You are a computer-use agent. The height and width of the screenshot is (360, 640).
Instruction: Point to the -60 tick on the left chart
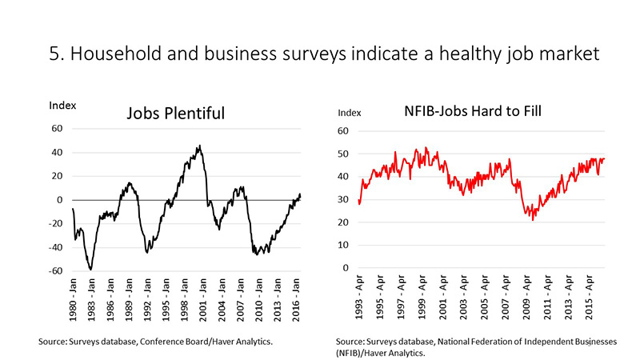(x=56, y=271)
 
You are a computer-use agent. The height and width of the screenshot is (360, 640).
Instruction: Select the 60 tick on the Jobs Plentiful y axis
(x=58, y=128)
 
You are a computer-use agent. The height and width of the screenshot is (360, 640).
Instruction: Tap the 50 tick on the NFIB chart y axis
(x=344, y=154)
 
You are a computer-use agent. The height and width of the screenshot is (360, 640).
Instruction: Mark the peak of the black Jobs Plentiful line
(x=199, y=146)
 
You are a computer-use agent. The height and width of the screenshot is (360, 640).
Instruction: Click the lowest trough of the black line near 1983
(x=91, y=269)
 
